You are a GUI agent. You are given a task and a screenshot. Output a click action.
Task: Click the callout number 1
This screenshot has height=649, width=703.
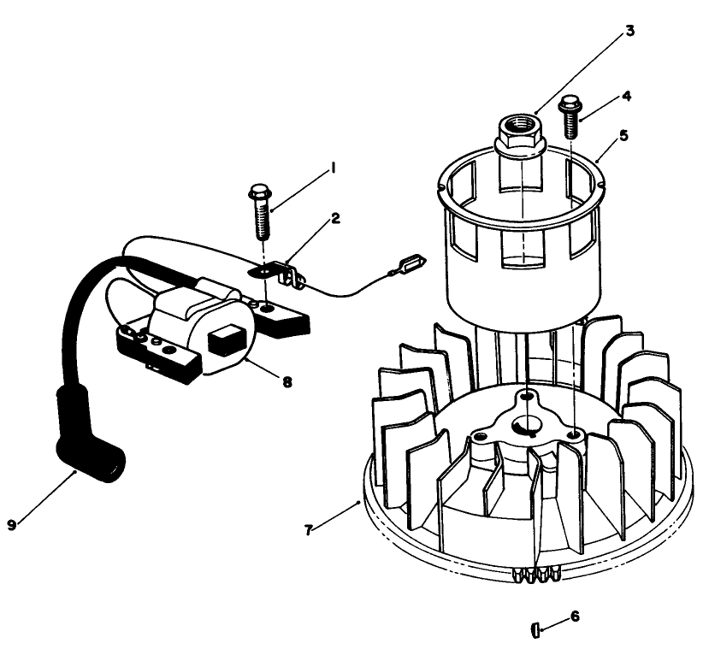pyautogui.click(x=332, y=170)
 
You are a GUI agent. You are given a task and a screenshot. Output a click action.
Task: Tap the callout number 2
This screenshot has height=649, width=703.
pyautogui.click(x=335, y=219)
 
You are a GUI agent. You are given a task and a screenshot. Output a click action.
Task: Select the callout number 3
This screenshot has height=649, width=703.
pyautogui.click(x=629, y=31)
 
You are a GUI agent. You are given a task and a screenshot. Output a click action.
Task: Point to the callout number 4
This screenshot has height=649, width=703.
pyautogui.click(x=626, y=96)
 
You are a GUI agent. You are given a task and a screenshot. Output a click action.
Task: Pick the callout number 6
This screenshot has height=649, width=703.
pyautogui.click(x=574, y=616)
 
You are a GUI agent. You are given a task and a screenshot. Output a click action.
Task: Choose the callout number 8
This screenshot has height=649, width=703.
pyautogui.click(x=286, y=382)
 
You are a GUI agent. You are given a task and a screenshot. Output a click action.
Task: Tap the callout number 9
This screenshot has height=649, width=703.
pyautogui.click(x=11, y=525)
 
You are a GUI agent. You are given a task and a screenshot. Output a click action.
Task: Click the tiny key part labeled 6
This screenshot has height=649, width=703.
pyautogui.click(x=534, y=631)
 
